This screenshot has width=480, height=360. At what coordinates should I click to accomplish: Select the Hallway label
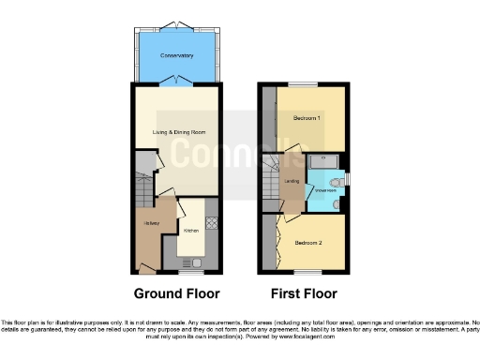coord(150,223)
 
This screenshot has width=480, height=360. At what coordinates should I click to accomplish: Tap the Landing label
coord(292,181)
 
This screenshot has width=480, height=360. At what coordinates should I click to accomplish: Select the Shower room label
coord(325,190)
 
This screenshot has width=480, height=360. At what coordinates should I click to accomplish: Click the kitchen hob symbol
coord(211,224)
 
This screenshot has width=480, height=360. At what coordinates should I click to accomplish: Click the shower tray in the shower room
coord(323,161)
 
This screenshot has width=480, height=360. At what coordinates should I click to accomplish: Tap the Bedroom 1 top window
coord(303,84)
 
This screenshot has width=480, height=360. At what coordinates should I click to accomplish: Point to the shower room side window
coord(347,179)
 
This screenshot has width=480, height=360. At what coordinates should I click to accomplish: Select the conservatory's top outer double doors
coord(175,23)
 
